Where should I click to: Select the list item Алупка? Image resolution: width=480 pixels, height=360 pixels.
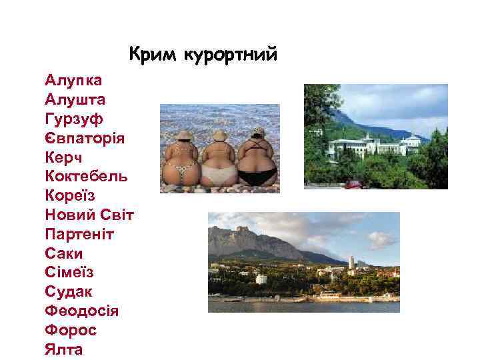tap(73, 81)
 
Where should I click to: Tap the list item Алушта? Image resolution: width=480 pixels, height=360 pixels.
tap(75, 100)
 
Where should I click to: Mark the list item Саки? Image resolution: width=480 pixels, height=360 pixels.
tap(64, 254)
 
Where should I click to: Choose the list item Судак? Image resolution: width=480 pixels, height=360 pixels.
tap(69, 292)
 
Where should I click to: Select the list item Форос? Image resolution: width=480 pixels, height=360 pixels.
tap(71, 331)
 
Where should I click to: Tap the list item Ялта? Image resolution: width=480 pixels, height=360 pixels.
tap(64, 349)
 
